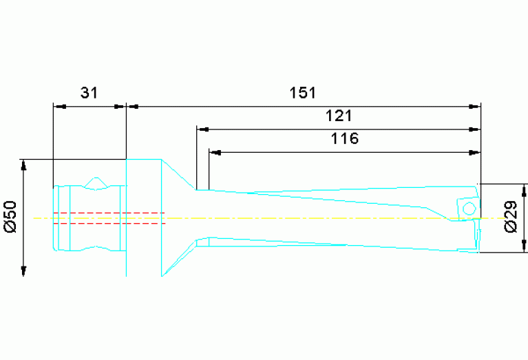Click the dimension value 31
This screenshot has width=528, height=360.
coord(89,93)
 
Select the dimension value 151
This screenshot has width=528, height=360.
coord(302,93)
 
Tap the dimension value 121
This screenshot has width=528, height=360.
coord(344,116)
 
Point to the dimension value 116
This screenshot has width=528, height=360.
coord(344,138)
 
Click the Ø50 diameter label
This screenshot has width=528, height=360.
coord(10,218)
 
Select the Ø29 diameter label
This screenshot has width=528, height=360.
coord(511,218)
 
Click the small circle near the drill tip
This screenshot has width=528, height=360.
coord(469,208)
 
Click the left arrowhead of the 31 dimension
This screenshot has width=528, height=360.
coord(59,107)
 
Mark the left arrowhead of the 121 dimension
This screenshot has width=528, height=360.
coord(202,129)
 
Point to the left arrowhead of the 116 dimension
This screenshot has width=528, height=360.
coord(214,151)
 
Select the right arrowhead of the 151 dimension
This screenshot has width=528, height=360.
coord(475,107)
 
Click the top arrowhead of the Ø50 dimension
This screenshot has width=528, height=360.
coord(24,165)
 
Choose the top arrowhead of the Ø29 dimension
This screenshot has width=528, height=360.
coord(525,189)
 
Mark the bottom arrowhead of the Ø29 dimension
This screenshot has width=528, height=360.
coord(525,247)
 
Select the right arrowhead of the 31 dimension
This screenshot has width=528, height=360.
coord(120,107)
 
